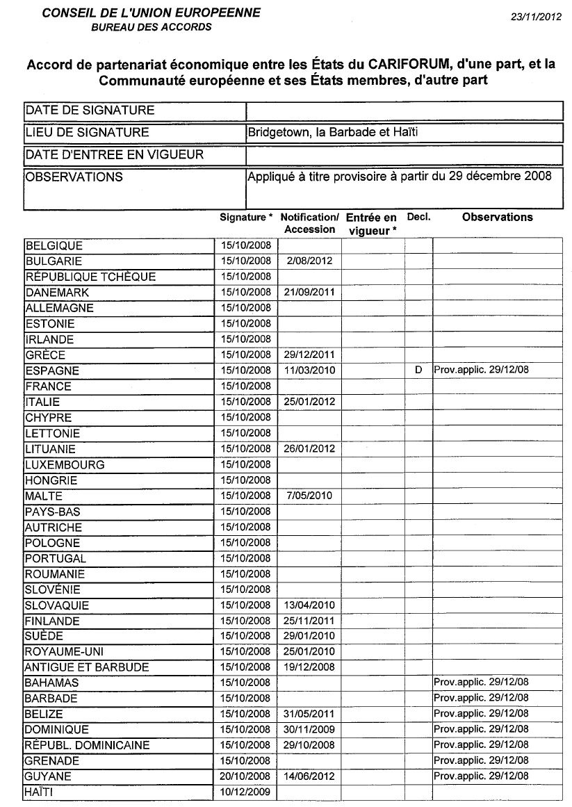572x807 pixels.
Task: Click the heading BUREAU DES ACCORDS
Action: pos(152,28)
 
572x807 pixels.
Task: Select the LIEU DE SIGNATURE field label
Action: pos(87,132)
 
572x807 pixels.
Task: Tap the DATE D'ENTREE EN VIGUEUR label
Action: pos(115,154)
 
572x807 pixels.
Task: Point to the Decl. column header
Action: pos(418,217)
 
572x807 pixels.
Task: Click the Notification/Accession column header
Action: pos(309,223)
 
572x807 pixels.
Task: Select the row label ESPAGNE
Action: pos(52,370)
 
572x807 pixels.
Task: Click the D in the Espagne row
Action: pos(418,370)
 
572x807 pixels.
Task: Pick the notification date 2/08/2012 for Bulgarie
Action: pos(309,261)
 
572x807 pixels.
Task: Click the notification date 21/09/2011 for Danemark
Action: pos(309,293)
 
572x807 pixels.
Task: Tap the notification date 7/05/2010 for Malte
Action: pos(309,496)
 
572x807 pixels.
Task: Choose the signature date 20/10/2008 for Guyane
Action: pos(245,776)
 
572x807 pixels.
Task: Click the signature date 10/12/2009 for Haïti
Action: pos(245,792)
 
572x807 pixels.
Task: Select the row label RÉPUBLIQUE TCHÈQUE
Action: pos(90,277)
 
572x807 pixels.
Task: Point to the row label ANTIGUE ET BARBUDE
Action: pos(87,667)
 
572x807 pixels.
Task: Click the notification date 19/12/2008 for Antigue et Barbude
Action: pos(309,667)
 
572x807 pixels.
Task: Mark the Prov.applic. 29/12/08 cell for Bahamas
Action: pos(481,683)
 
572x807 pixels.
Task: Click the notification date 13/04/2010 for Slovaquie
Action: pos(309,605)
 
